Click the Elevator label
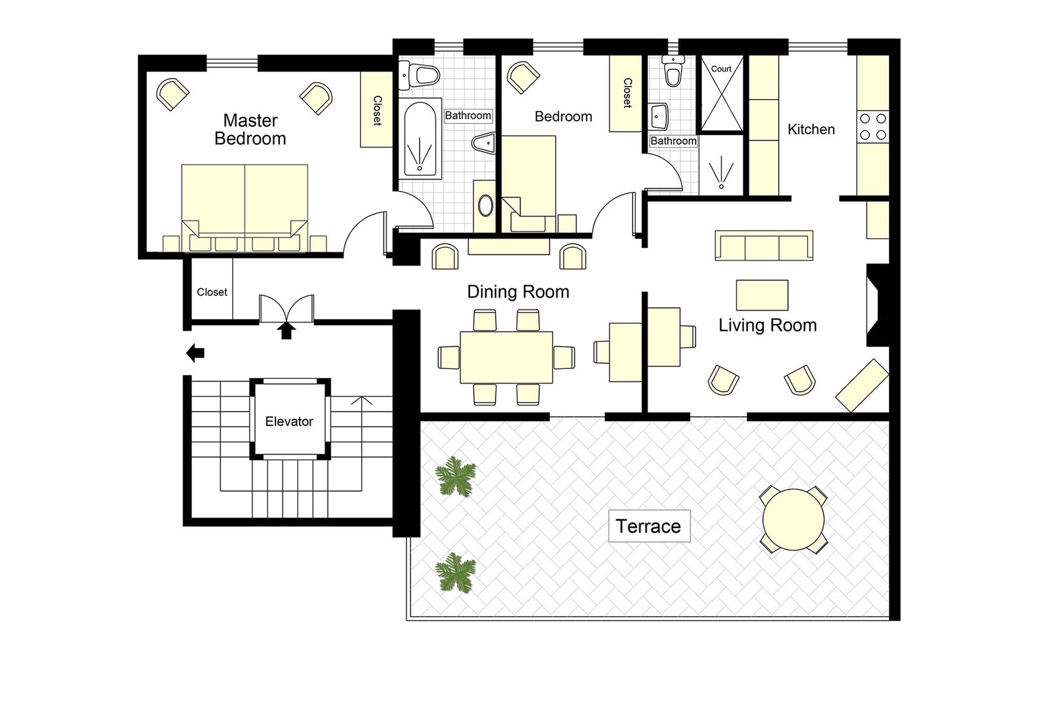point(288,421)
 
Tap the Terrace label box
point(649,526)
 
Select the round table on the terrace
point(793,519)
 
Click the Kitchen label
point(811,129)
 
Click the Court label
point(721,69)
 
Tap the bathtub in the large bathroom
point(420,138)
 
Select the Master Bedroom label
point(250,129)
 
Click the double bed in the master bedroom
point(245,208)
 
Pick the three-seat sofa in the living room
point(764,246)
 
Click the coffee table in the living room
point(762,295)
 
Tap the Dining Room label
point(518,292)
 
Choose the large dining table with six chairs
point(506,357)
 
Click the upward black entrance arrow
point(286,330)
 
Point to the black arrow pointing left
point(195,353)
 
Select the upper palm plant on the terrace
point(455,476)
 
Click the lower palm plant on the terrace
point(455,572)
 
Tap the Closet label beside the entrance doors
point(212,292)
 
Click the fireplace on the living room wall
point(876,305)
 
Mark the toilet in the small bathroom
point(673,71)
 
